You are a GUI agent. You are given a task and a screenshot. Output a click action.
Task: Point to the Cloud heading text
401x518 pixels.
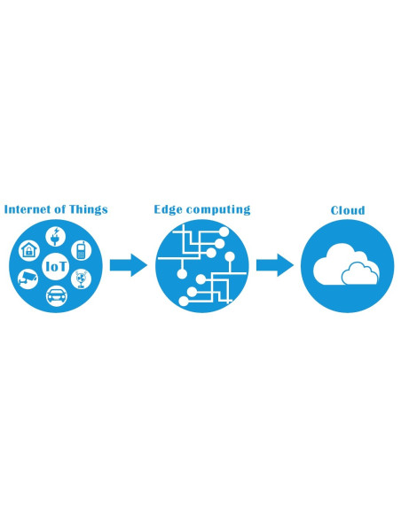(x=348, y=210)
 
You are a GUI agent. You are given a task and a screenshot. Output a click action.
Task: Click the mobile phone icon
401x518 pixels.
(x=81, y=250)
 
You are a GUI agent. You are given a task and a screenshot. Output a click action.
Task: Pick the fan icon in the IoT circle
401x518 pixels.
(x=81, y=279)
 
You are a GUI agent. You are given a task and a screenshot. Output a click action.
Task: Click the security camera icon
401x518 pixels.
(x=29, y=279)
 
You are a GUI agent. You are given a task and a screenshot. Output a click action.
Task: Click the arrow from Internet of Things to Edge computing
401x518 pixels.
(x=128, y=264)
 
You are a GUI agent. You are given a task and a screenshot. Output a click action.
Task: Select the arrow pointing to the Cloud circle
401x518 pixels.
(x=274, y=264)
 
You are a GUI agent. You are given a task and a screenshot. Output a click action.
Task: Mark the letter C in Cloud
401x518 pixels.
(x=335, y=210)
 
